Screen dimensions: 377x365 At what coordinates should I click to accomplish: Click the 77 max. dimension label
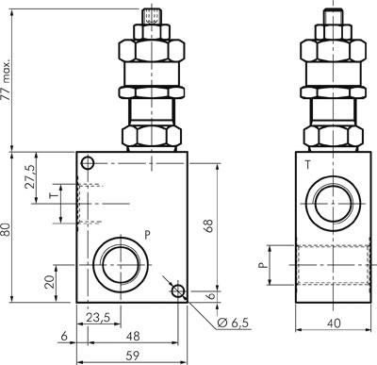point(7,79)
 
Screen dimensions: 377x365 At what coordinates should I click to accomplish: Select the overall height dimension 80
point(6,229)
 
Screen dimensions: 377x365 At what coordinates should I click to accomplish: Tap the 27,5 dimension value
point(30,176)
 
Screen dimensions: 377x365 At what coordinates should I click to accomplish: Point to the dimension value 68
point(208,225)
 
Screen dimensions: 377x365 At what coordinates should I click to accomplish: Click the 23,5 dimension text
point(98,318)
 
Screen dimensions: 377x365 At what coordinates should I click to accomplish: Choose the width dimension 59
point(132,356)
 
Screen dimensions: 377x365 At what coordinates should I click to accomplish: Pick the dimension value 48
point(132,336)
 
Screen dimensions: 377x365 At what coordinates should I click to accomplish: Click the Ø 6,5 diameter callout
point(233,323)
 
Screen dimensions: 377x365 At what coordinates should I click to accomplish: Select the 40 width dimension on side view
point(334,323)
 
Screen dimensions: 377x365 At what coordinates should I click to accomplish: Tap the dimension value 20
point(50,282)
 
